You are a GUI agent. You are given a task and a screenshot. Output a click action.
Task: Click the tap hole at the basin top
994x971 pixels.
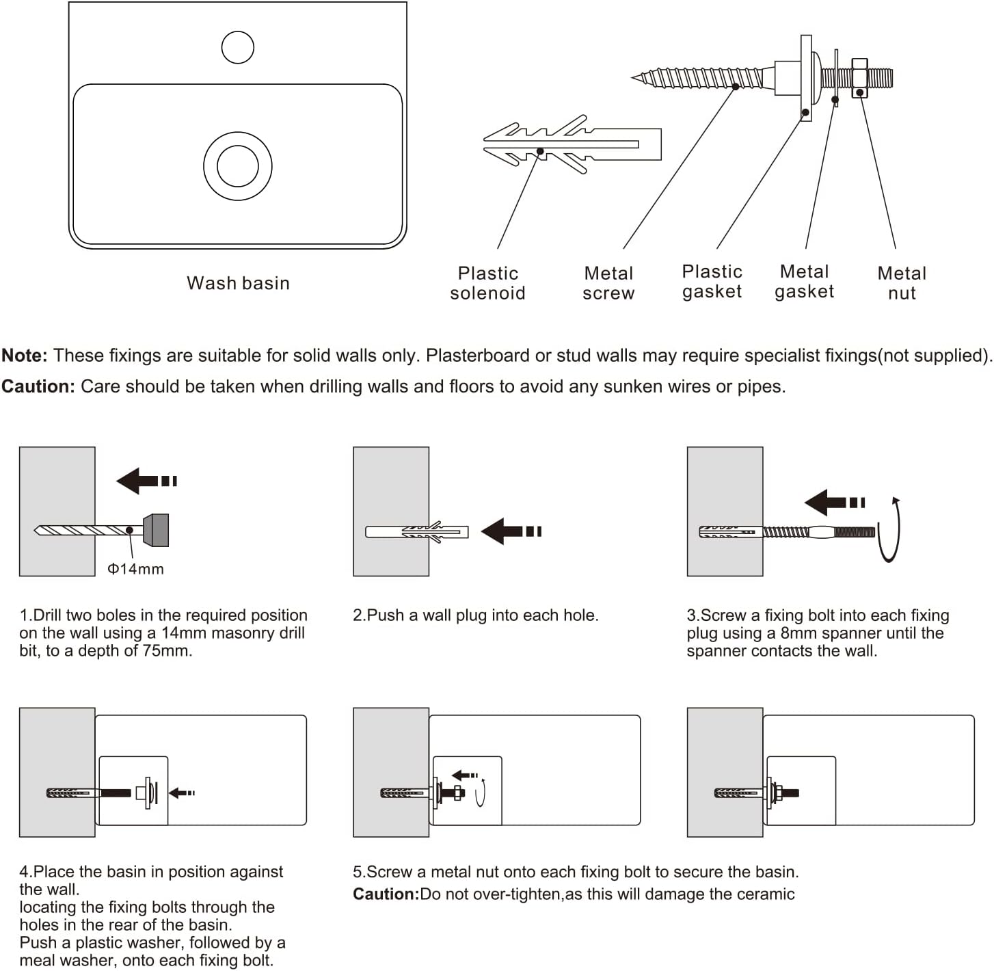[x=238, y=47]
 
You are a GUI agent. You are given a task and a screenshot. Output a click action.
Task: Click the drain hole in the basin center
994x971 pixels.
[x=238, y=166]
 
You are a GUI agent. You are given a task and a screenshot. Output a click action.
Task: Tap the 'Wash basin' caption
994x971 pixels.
[x=238, y=283]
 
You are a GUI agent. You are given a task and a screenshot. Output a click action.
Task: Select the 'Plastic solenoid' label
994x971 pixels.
[x=487, y=283]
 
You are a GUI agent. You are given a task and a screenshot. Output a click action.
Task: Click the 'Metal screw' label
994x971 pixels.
[x=608, y=283]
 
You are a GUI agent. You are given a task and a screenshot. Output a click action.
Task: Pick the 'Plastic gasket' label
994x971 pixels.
[x=712, y=282]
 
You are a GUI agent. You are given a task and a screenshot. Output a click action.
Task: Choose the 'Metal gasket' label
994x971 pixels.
[x=804, y=282]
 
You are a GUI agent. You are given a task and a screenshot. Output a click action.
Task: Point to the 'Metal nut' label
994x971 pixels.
[x=901, y=283]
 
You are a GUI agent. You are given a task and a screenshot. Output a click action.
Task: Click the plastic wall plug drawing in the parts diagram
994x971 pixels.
[x=572, y=144]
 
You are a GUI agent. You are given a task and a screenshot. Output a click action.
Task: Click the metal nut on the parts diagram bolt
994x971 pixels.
[x=859, y=78]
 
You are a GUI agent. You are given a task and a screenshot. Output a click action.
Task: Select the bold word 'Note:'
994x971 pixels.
[x=25, y=356]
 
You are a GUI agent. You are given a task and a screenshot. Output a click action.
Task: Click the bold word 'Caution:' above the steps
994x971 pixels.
[x=38, y=386]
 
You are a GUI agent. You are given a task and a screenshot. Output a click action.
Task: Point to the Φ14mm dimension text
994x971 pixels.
[x=136, y=569]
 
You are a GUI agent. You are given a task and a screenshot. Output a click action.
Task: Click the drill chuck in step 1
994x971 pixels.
[x=157, y=530]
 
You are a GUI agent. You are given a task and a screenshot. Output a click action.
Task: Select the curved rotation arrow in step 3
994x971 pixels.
[x=891, y=531]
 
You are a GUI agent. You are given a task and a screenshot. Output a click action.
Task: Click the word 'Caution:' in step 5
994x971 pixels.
[x=386, y=894]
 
